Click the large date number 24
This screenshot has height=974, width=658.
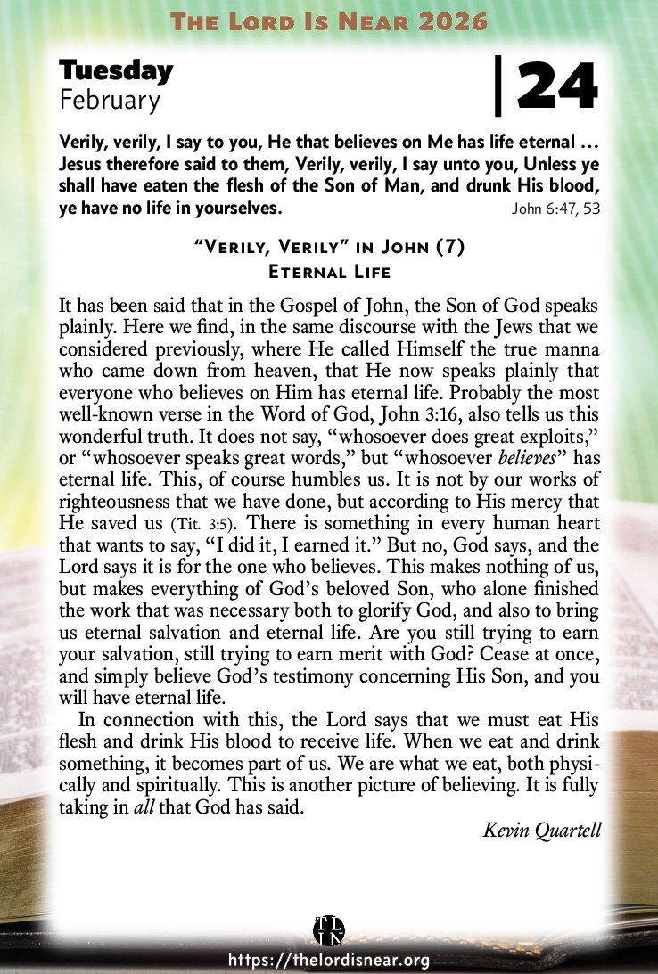click(x=555, y=87)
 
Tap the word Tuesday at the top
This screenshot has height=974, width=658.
click(x=116, y=71)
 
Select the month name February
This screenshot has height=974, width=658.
click(x=110, y=101)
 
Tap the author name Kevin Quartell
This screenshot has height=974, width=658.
click(x=542, y=831)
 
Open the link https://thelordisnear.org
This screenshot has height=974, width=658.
click(x=329, y=960)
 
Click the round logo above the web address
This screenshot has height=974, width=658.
click(x=329, y=930)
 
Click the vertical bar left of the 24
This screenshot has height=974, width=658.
click(x=498, y=87)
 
